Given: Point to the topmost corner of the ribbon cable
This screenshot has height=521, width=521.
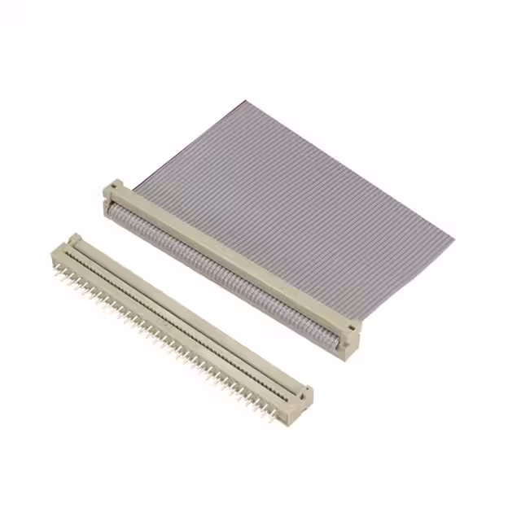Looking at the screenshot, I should [x=243, y=103].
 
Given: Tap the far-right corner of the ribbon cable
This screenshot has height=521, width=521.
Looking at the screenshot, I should [x=453, y=240].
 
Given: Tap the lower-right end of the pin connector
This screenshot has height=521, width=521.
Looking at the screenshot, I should [x=301, y=399].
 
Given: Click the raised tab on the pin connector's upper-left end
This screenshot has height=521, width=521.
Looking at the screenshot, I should [x=75, y=239].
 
